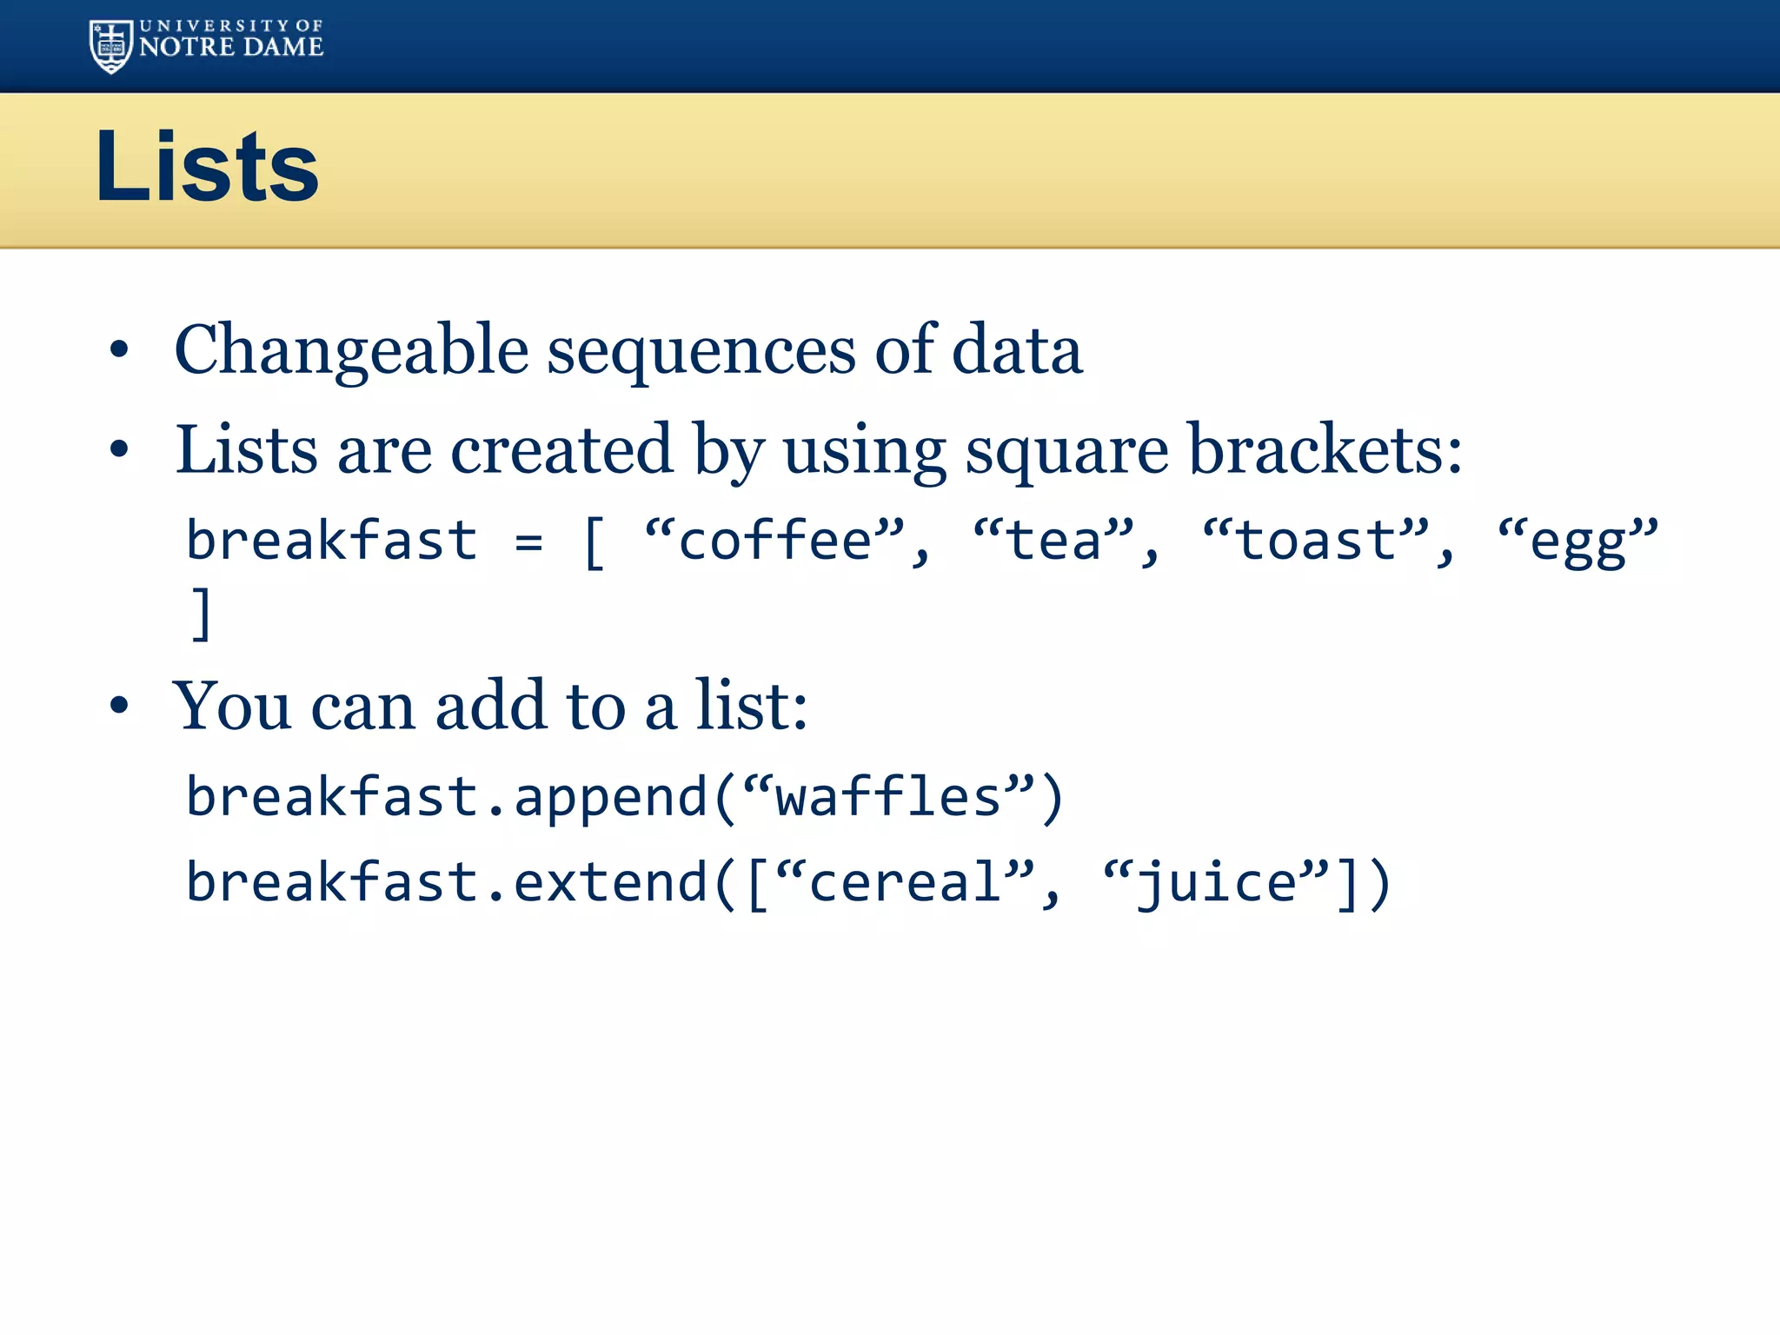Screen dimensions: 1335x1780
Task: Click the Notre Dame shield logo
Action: pyautogui.click(x=111, y=46)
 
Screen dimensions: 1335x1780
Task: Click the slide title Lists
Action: pyautogui.click(x=207, y=166)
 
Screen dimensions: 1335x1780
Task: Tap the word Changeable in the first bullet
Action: pyautogui.click(x=351, y=350)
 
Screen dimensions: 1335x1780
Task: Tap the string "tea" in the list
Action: pyautogui.click(x=1054, y=540)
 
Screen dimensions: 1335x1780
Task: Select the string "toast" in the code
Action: pyautogui.click(x=1315, y=540)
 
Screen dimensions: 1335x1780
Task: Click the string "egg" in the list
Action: pyautogui.click(x=1577, y=540)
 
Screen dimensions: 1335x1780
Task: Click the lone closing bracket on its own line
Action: pyautogui.click(x=201, y=614)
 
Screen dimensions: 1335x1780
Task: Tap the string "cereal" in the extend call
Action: pyautogui.click(x=905, y=881)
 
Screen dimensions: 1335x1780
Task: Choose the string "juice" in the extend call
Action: pyautogui.click(x=1217, y=881)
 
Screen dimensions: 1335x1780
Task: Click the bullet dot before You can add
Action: pyautogui.click(x=119, y=706)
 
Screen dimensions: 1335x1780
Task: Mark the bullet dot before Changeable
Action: pyautogui.click(x=119, y=350)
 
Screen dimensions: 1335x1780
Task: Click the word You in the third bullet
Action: pyautogui.click(x=231, y=706)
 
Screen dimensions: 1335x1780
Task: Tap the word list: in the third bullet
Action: pyautogui.click(x=752, y=706)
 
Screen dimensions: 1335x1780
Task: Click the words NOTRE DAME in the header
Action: pyautogui.click(x=231, y=47)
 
